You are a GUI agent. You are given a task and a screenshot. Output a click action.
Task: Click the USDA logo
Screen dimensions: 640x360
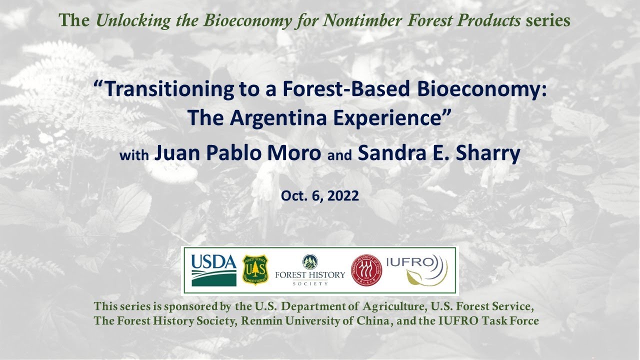(213, 270)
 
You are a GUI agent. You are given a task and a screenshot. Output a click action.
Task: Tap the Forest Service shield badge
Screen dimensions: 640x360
(255, 270)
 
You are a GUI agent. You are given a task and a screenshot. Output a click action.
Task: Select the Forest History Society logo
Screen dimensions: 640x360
(310, 270)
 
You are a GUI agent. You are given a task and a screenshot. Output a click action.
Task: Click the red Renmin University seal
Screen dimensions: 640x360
(366, 270)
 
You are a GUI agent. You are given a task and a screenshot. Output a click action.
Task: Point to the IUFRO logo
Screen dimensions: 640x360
(417, 270)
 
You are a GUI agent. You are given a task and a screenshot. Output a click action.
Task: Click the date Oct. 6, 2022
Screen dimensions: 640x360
(319, 196)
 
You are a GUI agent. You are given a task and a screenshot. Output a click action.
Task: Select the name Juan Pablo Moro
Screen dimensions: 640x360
(237, 153)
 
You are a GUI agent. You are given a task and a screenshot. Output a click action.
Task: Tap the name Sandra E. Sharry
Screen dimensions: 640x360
(439, 153)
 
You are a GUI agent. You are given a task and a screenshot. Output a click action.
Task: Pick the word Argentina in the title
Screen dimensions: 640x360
(278, 118)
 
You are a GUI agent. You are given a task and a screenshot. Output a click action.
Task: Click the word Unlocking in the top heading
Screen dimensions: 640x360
(133, 21)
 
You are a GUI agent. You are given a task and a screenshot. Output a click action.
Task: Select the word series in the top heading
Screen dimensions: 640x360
(548, 20)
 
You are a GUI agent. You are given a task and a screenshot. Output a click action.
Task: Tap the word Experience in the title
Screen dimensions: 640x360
(387, 118)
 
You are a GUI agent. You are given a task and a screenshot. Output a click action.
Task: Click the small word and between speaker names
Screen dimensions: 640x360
(339, 155)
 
